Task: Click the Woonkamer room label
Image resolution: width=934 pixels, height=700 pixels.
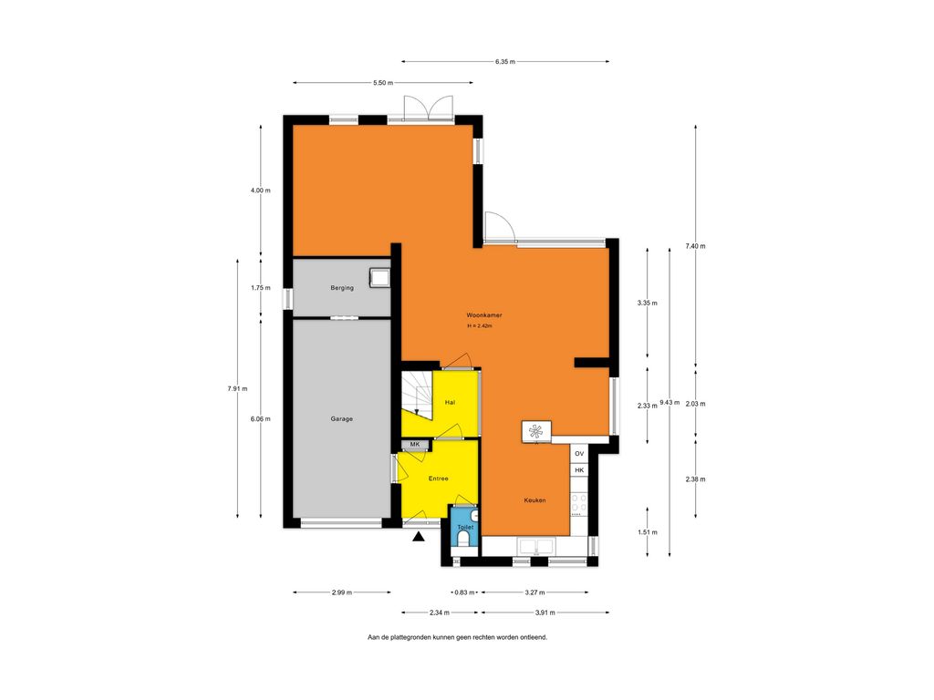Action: point(483,314)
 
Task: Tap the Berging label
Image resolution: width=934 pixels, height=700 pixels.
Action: point(342,287)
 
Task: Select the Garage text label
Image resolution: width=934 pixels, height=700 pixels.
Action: point(342,419)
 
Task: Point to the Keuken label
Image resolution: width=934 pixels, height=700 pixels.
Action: point(534,500)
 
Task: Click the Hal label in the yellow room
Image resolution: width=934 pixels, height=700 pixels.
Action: point(451,402)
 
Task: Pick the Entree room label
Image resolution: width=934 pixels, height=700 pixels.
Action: point(439,479)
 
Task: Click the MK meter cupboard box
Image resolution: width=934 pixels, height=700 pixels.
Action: point(415,445)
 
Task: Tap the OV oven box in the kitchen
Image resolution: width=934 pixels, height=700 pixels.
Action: point(579,454)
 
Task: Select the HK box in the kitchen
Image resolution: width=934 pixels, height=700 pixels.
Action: point(579,470)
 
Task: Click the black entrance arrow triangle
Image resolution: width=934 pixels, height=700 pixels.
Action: point(419,538)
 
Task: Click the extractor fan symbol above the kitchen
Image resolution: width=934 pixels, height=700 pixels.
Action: point(536,431)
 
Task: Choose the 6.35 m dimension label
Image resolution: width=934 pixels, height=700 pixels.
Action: point(505,61)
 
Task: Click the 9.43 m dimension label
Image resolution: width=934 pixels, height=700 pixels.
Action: point(669,402)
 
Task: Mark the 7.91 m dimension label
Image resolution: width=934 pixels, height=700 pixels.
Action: point(237,388)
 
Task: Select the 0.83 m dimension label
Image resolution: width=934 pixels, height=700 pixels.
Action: point(464,592)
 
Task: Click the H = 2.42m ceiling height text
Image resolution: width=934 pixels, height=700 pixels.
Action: point(480,326)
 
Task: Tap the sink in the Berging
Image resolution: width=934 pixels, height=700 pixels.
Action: point(379,277)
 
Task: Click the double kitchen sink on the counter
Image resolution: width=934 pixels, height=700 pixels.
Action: point(536,546)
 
